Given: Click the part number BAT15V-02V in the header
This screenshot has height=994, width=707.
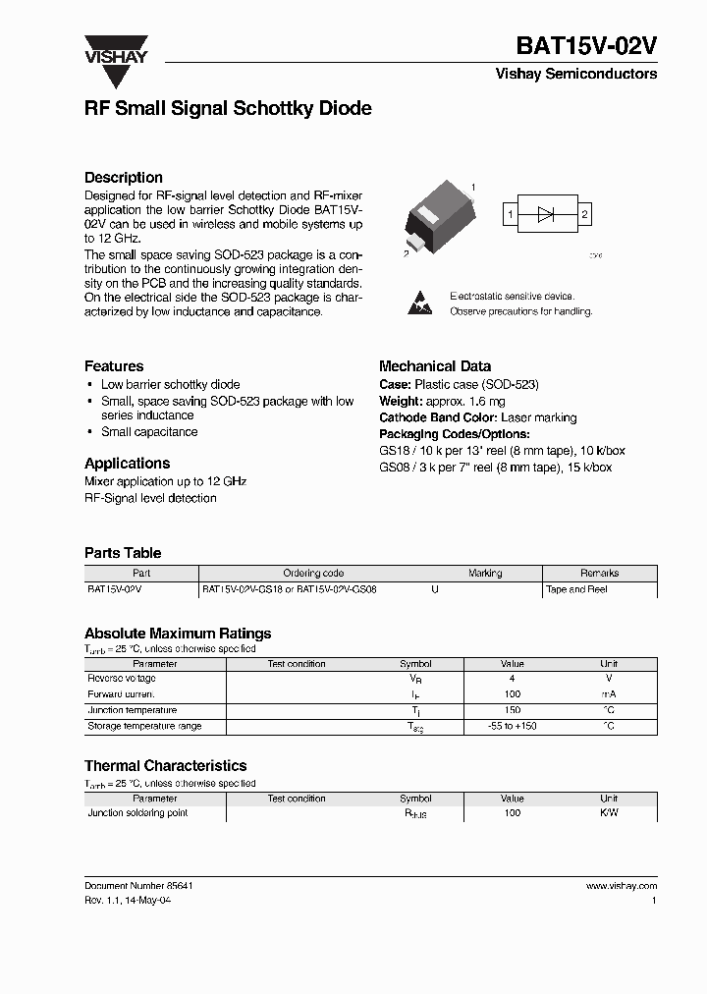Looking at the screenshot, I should [586, 46].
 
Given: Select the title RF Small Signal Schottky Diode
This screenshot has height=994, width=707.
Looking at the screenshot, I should [228, 109].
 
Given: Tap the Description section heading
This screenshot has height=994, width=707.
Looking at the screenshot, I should [124, 178].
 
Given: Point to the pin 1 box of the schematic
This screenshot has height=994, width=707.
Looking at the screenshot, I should [511, 214].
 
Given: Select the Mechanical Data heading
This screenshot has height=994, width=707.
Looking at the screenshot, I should [435, 366].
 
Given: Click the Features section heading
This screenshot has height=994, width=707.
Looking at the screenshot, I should [114, 366].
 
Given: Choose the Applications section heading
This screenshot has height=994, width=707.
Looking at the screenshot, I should [127, 464].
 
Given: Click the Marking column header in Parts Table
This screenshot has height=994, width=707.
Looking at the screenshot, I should [485, 574].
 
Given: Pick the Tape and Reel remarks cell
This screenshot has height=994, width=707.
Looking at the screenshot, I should [576, 589].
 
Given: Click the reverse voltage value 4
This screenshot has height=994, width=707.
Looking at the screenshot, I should [512, 679].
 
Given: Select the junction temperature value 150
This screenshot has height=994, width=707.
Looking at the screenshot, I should [512, 710].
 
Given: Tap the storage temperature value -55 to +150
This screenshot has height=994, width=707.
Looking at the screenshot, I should [512, 726].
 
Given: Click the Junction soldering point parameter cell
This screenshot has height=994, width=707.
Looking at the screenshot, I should [137, 813].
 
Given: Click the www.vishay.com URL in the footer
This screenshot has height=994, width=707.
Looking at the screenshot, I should [621, 886].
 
